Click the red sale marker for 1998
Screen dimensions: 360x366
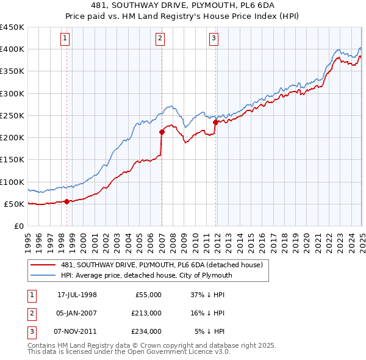click(67, 201)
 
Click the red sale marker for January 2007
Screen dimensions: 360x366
click(162, 131)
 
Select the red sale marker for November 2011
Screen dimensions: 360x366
click(215, 122)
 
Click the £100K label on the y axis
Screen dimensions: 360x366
click(12, 182)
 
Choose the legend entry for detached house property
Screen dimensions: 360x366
click(162, 265)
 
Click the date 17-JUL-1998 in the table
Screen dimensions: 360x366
click(77, 295)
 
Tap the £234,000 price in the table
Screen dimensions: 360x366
click(146, 331)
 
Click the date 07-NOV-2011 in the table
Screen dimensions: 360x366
click(77, 331)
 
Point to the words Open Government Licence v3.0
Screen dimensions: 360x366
click(183, 352)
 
